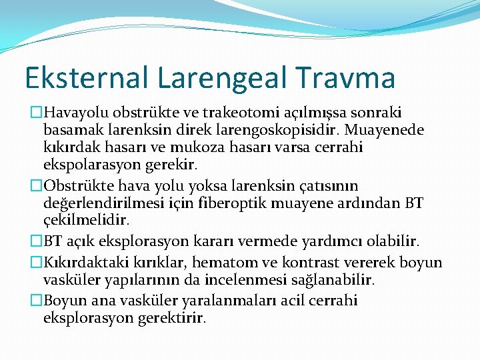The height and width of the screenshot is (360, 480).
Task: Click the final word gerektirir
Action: coord(172,318)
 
